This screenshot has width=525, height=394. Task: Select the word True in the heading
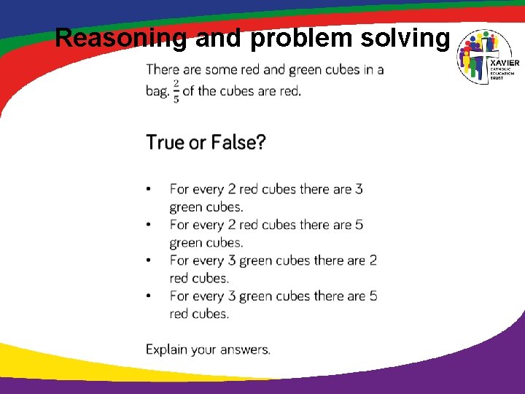point(166,142)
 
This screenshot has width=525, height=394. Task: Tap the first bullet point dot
point(149,190)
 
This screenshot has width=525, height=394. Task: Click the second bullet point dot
point(149,225)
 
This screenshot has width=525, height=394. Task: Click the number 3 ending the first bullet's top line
point(359,189)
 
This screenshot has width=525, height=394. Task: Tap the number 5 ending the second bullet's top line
point(359,225)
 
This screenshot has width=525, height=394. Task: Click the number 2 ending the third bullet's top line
point(373,260)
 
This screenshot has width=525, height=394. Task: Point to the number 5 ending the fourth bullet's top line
point(373,296)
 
